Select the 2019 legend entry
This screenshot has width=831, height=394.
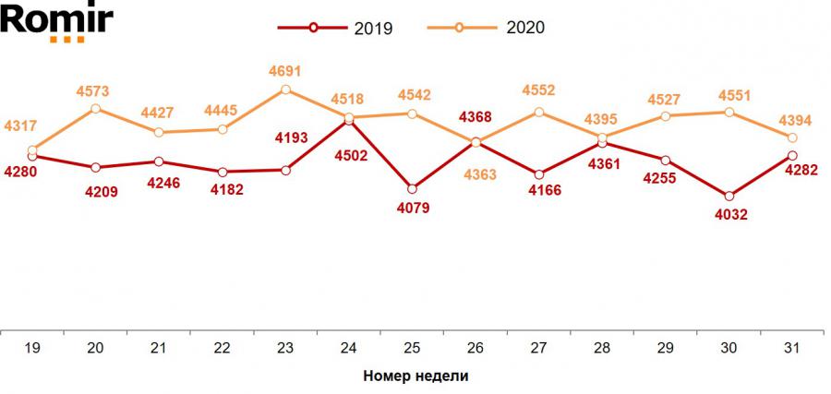pos(338,28)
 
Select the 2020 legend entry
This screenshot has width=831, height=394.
pos(488,28)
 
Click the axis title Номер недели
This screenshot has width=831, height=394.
pos(415,376)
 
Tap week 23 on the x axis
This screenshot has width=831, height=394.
pos(285,348)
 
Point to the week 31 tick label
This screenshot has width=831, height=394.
pos(791,348)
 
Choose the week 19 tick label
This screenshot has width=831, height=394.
pos(32,348)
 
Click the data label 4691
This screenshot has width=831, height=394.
pos(285,70)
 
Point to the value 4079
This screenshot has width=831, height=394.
pos(412,208)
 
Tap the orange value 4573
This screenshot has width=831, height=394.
pos(96,90)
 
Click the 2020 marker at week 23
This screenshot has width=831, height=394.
pos(285,90)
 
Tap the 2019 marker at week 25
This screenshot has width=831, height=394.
pos(412,189)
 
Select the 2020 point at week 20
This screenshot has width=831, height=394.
pos(96,109)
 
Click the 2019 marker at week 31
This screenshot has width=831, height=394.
pos(791,155)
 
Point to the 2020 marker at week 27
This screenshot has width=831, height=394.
pos(538,113)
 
